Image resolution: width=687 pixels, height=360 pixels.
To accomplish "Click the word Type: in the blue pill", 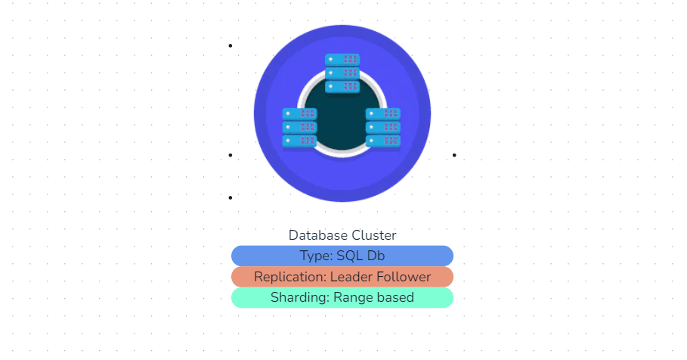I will pyautogui.click(x=316, y=256).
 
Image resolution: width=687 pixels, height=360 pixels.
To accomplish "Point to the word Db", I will pyautogui.click(x=376, y=256).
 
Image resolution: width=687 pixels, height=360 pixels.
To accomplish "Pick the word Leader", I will pyautogui.click(x=352, y=277).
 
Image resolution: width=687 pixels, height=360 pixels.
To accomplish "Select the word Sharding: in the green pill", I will pyautogui.click(x=300, y=297).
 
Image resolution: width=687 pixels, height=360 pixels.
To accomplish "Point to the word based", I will pyautogui.click(x=395, y=297).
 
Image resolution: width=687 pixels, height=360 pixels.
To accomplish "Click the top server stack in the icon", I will pyautogui.click(x=342, y=73).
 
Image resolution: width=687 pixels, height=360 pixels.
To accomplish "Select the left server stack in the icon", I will pyautogui.click(x=300, y=127).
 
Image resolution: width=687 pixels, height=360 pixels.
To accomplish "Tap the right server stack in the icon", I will pyautogui.click(x=383, y=127).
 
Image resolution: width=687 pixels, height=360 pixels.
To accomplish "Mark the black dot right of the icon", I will pyautogui.click(x=454, y=155).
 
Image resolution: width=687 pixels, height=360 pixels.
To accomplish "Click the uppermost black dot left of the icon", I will pyautogui.click(x=231, y=45).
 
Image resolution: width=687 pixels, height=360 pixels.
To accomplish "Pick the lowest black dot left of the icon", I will pyautogui.click(x=231, y=197).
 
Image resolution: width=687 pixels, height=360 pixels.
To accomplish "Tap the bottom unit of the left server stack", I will pyautogui.click(x=300, y=141).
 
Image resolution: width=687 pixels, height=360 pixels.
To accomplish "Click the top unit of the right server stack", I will pyautogui.click(x=383, y=113).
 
